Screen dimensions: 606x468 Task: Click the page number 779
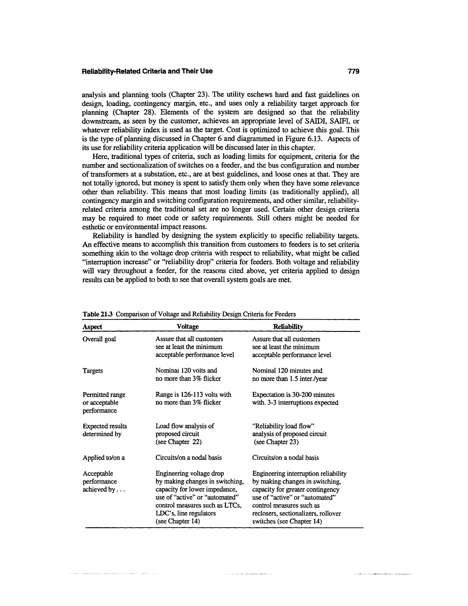pos(354,71)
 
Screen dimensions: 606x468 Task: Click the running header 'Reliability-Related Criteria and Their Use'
pos(147,71)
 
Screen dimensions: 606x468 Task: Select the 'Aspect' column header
pos(92,327)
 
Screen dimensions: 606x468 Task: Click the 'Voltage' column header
pos(188,327)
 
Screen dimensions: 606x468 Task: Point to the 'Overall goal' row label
pos(99,339)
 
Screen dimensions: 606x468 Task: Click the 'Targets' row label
pos(93,371)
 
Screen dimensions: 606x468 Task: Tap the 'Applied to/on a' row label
pos(104,458)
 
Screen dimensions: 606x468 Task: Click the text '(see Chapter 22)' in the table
pos(178,442)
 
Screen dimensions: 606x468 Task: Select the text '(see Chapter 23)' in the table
pos(276,442)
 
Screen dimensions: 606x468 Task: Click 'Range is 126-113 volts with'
pos(193,394)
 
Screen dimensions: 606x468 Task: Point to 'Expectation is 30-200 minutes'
pos(293,394)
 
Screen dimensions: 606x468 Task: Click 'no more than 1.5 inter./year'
pos(290,379)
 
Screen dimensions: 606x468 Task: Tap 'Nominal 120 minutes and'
pos(287,371)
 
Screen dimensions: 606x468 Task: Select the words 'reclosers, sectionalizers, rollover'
pos(296,513)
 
